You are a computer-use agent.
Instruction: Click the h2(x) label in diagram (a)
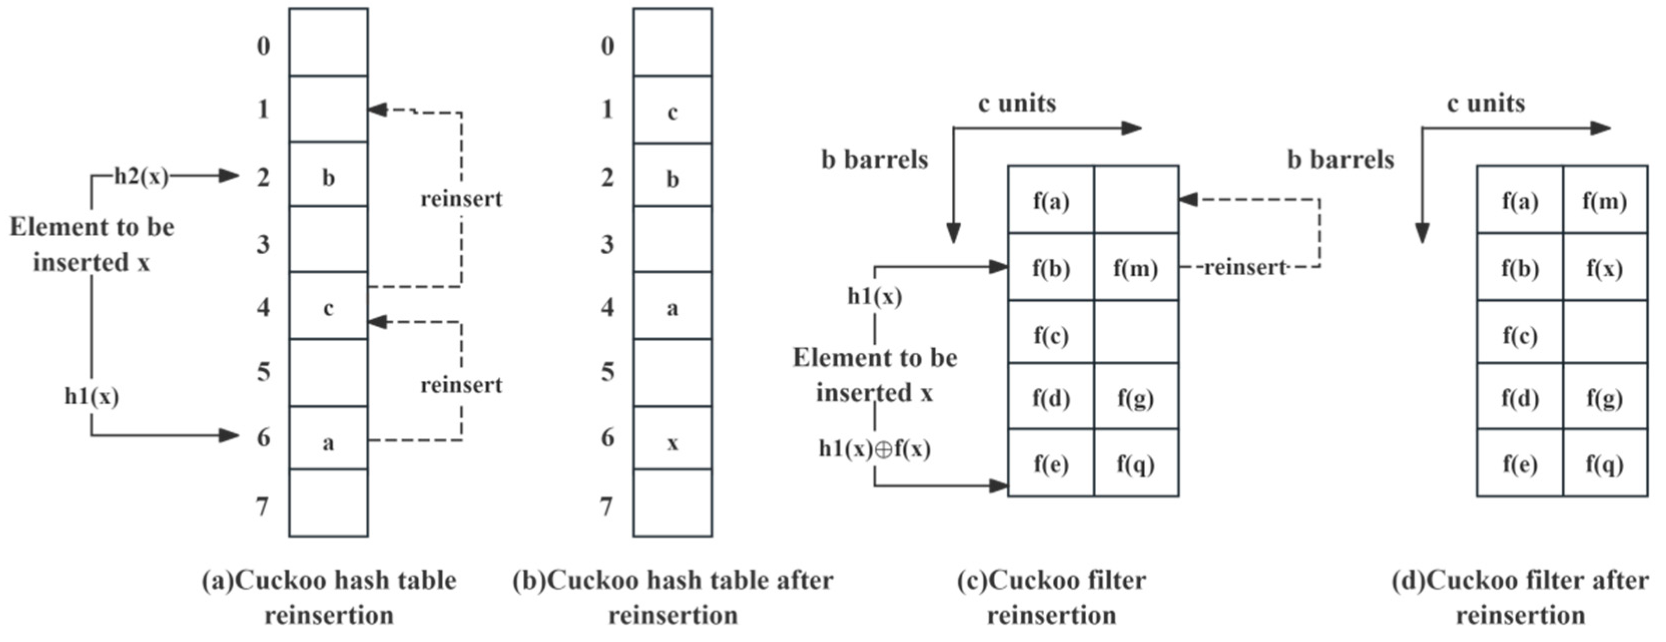(x=141, y=176)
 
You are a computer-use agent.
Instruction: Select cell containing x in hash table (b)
(x=673, y=442)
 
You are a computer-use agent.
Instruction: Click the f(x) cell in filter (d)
(x=1604, y=268)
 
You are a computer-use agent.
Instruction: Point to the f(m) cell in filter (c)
(x=1136, y=268)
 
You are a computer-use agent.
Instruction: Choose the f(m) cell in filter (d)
(x=1604, y=201)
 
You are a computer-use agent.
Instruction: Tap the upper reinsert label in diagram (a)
(x=461, y=199)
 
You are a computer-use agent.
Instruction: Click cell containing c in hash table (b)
(x=673, y=112)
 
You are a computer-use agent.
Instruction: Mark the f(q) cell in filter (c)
(x=1136, y=463)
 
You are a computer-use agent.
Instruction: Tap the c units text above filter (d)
(x=1486, y=103)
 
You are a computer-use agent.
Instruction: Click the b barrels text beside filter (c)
(x=874, y=159)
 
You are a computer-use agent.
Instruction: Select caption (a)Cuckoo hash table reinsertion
(x=328, y=597)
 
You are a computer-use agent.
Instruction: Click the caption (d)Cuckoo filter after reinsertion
(x=1520, y=597)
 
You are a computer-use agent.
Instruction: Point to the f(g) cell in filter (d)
(x=1604, y=398)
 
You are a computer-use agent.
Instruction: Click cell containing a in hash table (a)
(x=328, y=442)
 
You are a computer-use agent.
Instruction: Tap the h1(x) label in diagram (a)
(x=91, y=396)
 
